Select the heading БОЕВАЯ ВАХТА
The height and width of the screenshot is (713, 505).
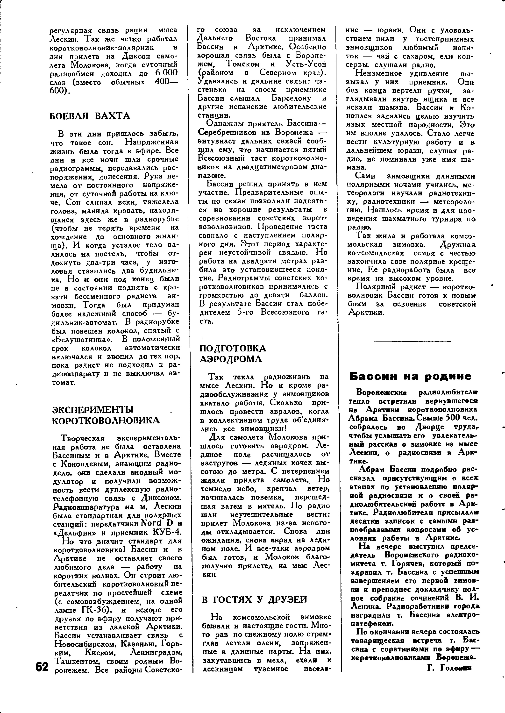[x=90, y=116]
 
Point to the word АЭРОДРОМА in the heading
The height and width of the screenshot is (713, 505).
[x=230, y=359]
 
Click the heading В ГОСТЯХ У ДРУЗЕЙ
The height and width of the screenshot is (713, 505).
[x=254, y=599]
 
